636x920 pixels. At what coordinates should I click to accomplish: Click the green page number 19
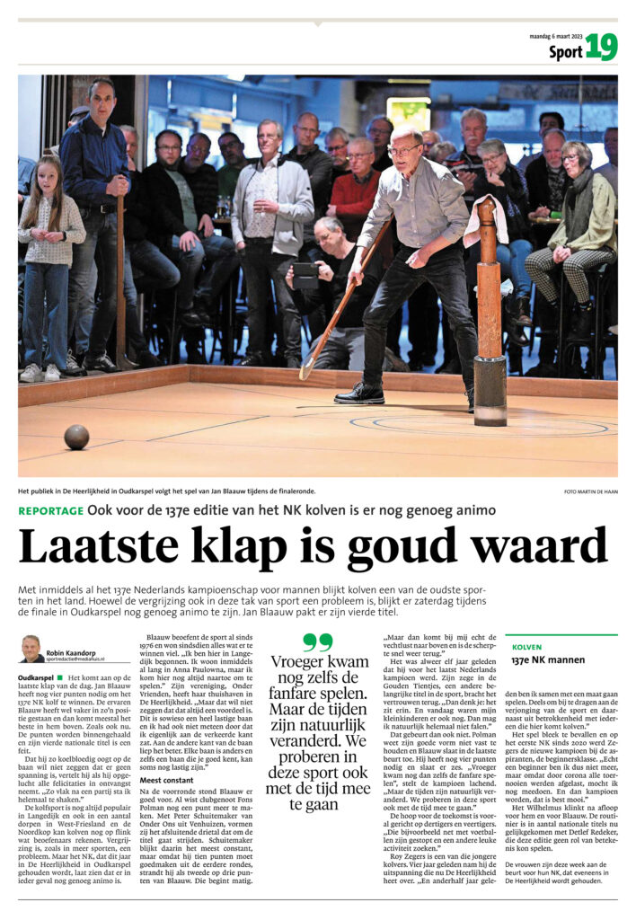point(601,49)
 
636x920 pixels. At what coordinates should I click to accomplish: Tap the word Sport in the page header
point(565,52)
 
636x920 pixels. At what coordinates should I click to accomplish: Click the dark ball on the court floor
point(76,437)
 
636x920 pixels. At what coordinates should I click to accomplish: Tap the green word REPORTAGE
point(49,511)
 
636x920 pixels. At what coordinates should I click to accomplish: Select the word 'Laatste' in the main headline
point(91,548)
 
